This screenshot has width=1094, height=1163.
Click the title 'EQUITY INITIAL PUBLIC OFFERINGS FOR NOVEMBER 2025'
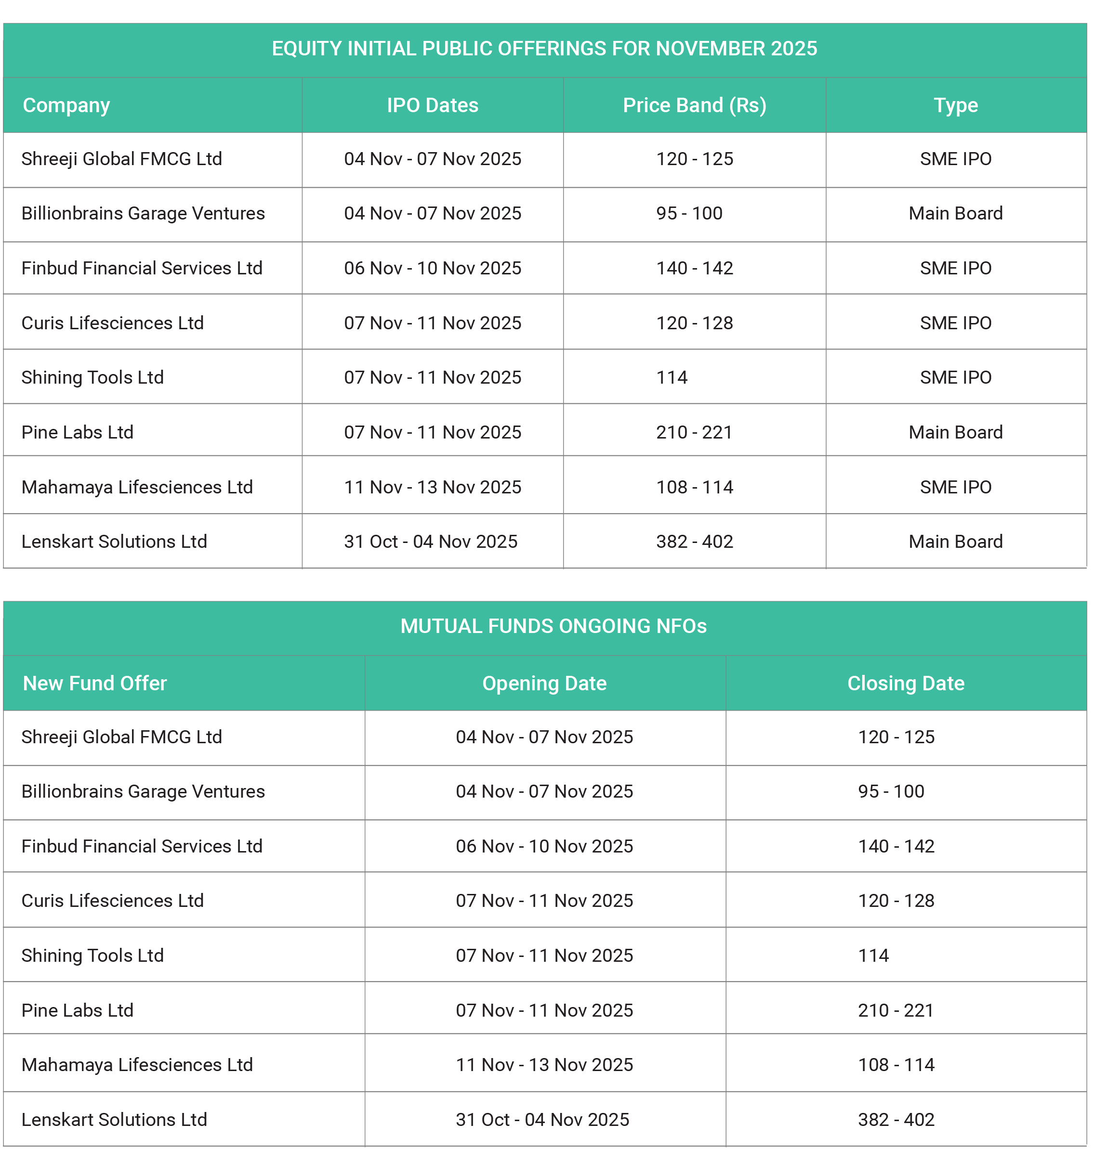544,49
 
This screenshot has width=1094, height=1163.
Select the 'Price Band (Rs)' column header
694,105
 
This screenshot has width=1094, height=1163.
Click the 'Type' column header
955,105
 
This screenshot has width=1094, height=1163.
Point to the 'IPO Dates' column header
433,105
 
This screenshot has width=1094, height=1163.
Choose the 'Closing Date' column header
906,683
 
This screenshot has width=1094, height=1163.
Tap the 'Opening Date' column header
544,683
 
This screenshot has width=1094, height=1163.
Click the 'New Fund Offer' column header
95,683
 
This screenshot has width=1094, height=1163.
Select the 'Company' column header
66,105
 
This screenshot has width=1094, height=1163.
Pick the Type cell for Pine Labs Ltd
955,432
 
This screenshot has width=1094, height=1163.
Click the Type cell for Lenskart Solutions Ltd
955,542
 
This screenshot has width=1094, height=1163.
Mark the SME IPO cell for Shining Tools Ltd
955,377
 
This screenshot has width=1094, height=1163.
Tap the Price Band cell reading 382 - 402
694,542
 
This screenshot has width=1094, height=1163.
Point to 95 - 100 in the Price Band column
689,214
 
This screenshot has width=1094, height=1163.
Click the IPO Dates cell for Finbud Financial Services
433,268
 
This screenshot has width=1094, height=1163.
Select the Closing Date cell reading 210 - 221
896,1010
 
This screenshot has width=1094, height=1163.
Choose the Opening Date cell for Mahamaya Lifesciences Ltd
544,1065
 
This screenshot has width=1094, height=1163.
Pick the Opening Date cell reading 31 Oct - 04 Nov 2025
542,1120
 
